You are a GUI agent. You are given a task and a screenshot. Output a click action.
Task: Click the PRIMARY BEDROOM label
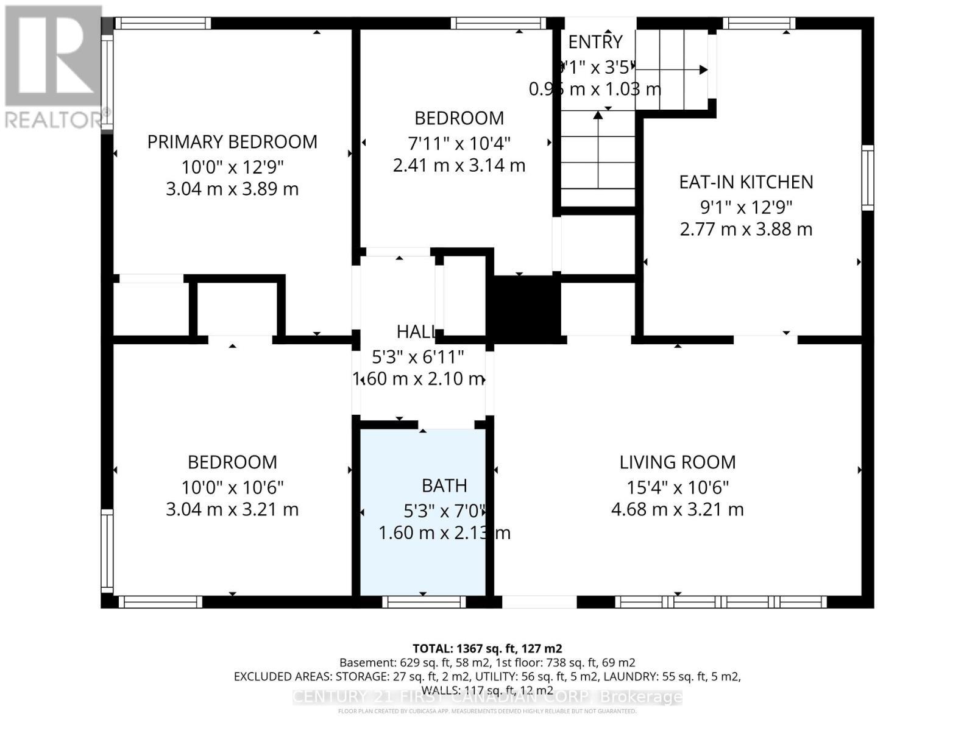click(x=232, y=142)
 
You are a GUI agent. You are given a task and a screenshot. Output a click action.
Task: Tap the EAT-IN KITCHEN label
click(x=746, y=182)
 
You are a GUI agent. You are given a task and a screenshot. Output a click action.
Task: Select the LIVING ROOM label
click(x=677, y=462)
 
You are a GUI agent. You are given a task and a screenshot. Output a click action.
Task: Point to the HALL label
click(x=416, y=332)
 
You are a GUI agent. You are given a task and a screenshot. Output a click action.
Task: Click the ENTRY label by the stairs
click(x=595, y=42)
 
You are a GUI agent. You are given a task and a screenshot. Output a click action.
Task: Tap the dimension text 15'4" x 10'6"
click(x=677, y=487)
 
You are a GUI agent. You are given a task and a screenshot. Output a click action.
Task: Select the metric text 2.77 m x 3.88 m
click(x=746, y=230)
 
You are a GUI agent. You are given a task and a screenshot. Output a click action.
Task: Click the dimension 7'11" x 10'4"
click(x=459, y=144)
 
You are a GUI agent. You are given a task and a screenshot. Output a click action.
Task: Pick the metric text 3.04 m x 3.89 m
click(x=232, y=189)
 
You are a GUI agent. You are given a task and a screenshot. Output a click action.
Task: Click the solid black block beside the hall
click(x=526, y=306)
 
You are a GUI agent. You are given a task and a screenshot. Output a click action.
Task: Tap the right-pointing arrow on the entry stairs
click(x=703, y=69)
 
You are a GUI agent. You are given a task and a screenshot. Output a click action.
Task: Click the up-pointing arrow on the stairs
click(x=598, y=115)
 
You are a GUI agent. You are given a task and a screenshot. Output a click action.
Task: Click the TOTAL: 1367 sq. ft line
click(x=487, y=649)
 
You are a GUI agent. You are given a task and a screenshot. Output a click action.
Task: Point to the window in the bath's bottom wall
click(x=424, y=602)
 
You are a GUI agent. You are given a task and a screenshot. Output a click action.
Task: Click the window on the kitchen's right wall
click(x=867, y=178)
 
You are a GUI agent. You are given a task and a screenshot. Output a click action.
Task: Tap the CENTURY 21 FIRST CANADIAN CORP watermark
click(x=487, y=696)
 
